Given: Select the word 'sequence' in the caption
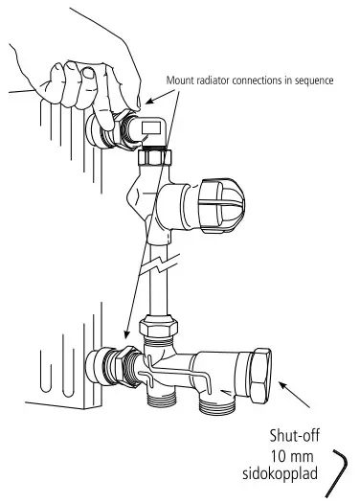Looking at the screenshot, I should (314, 80).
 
